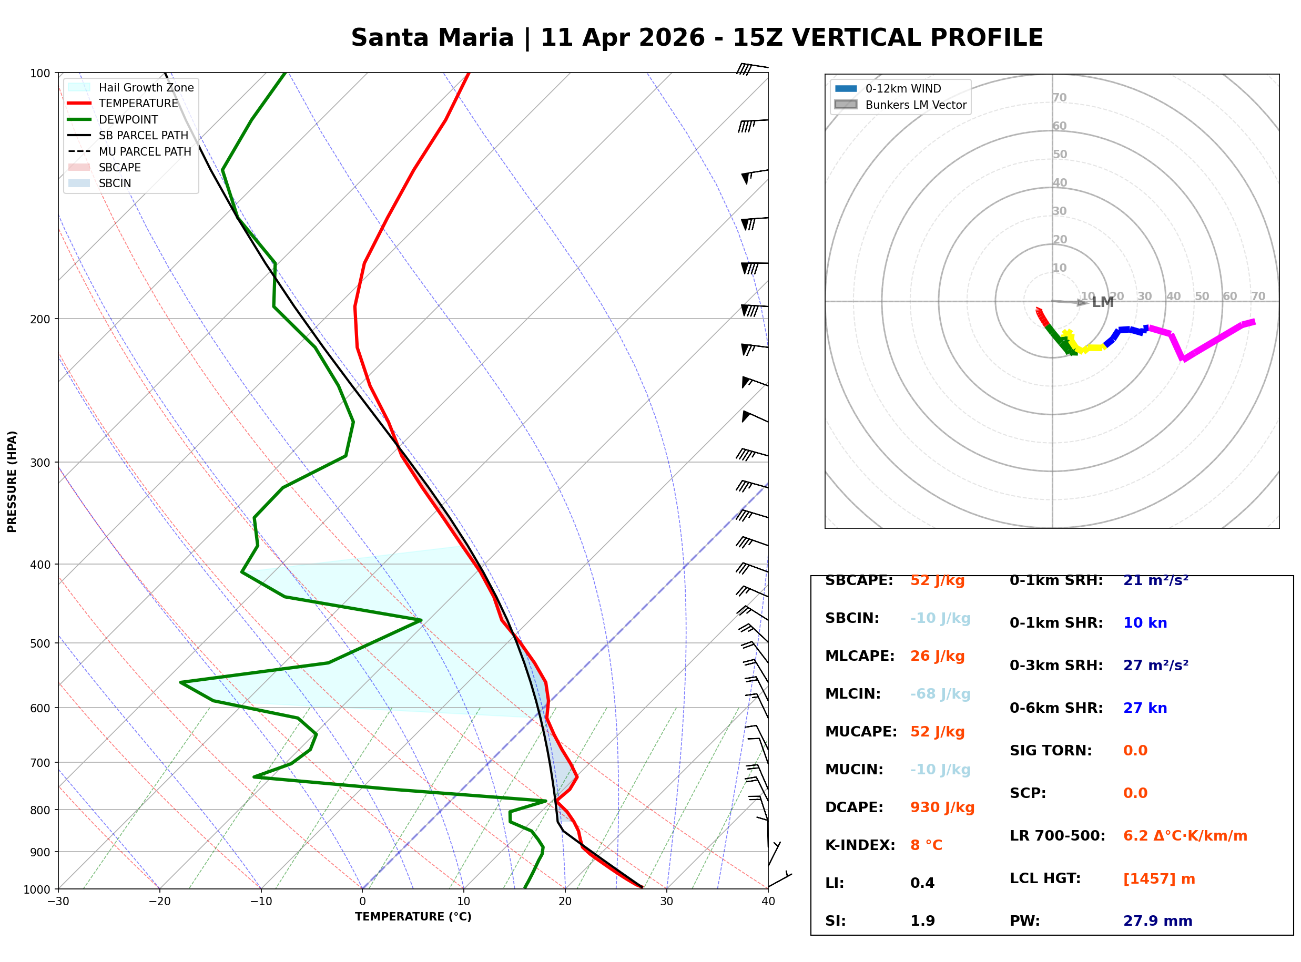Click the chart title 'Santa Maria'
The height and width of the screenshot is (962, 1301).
click(432, 38)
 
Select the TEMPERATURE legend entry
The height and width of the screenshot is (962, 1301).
click(138, 104)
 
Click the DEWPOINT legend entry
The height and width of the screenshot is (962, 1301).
click(128, 120)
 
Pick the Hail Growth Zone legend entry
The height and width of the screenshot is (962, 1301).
click(146, 88)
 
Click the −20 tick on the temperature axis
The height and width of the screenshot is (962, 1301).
click(159, 902)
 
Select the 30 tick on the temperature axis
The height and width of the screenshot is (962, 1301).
click(666, 902)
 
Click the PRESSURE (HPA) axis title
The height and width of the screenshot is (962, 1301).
click(12, 482)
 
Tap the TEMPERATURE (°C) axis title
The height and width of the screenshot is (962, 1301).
click(413, 917)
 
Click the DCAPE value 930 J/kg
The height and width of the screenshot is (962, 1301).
click(942, 807)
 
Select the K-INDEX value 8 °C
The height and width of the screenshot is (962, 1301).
click(926, 845)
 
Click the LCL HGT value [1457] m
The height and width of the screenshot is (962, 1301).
click(1159, 879)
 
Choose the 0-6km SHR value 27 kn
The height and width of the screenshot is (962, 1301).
click(1145, 709)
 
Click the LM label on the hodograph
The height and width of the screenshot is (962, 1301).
click(1102, 303)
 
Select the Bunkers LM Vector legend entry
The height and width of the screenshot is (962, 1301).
click(916, 106)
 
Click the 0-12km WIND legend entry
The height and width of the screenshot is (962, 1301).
click(903, 89)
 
